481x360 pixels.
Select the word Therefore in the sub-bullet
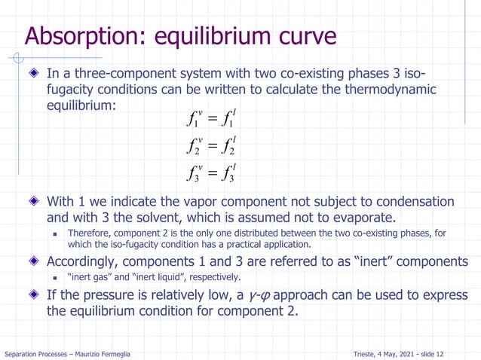click(x=90, y=233)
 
